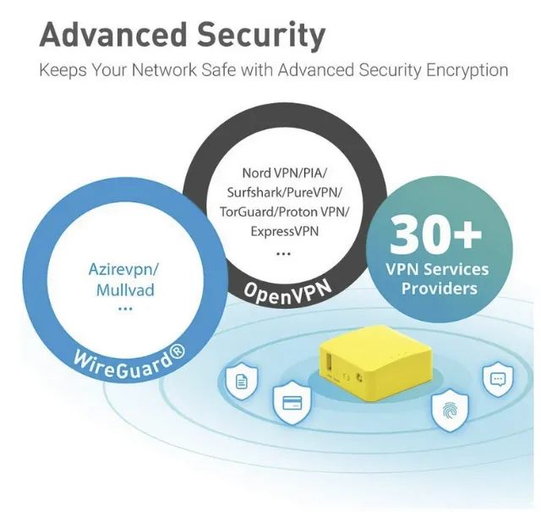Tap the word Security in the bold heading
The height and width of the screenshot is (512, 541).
[262, 36]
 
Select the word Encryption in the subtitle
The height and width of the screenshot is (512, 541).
[467, 70]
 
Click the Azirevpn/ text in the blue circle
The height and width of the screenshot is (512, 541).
[124, 269]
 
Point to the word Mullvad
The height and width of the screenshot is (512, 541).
[125, 290]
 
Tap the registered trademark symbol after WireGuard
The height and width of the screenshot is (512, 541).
[178, 352]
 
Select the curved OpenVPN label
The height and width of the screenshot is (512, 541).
[287, 292]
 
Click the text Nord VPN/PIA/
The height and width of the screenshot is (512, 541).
[284, 173]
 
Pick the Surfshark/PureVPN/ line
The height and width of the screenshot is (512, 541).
[284, 192]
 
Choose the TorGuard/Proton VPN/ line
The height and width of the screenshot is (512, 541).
[284, 212]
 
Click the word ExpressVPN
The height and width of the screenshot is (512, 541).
[284, 231]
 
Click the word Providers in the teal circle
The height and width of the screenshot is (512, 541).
[440, 289]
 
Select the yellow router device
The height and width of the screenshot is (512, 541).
[374, 363]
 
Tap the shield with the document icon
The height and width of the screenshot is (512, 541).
[241, 381]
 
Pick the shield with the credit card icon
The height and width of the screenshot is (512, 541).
[292, 403]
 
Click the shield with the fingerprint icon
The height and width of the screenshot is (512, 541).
[450, 410]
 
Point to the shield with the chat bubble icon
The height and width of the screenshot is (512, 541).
[498, 379]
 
